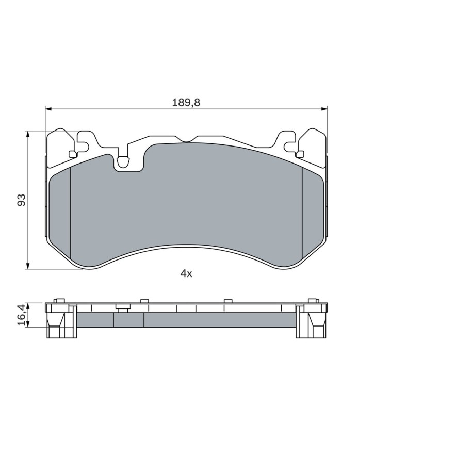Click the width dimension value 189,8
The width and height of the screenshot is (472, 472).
click(186, 103)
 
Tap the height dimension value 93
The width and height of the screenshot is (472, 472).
click(22, 200)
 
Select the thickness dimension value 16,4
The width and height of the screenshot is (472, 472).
click(21, 315)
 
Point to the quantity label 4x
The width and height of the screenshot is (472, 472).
click(186, 273)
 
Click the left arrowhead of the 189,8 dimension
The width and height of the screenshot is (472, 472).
click(48, 108)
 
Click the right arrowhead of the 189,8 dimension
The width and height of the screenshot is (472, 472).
click(324, 108)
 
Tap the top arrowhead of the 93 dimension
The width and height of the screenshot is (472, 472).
click(28, 134)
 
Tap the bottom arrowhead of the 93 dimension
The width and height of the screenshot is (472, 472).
click(28, 266)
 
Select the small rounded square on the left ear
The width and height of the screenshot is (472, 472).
click(73, 154)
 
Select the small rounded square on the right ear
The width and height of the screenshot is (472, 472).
click(300, 154)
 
